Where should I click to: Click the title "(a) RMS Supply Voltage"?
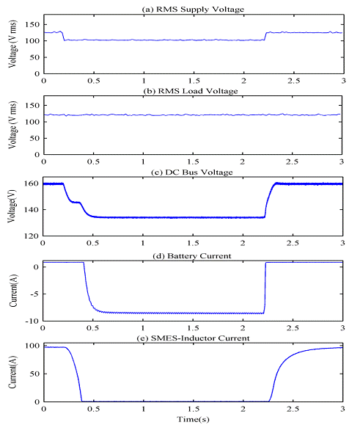tap(193, 8)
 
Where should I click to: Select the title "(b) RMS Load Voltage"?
tap(193, 89)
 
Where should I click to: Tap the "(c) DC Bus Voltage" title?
tap(193, 170)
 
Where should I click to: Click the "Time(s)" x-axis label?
tap(193, 419)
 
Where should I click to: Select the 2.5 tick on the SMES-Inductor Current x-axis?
tap(293, 410)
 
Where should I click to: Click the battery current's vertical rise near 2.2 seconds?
tap(264, 286)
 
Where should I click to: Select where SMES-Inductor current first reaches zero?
tap(82, 401)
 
